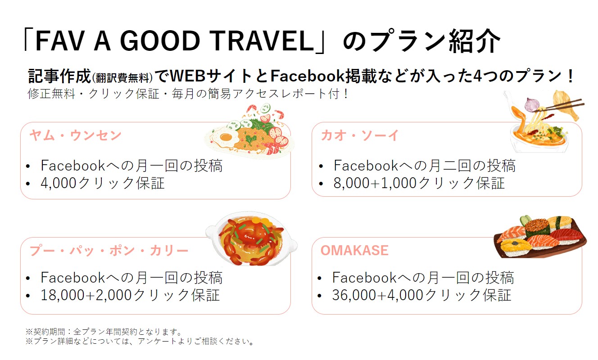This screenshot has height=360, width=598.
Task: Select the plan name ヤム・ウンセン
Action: [76, 135]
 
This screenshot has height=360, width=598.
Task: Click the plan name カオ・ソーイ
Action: [360, 135]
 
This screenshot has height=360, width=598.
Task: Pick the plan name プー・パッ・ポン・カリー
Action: [109, 251]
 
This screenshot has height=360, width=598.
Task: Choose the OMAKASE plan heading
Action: [354, 250]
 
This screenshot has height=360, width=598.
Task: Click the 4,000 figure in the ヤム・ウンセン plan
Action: [59, 183]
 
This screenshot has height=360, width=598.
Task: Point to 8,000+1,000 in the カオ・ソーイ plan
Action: [375, 183]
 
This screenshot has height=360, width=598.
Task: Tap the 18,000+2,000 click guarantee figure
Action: [86, 295]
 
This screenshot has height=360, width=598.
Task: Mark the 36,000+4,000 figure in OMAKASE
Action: [378, 295]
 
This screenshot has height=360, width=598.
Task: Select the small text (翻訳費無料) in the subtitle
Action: [122, 78]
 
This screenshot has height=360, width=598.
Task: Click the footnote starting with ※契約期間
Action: [104, 332]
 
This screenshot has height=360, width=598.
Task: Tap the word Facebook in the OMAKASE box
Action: [364, 277]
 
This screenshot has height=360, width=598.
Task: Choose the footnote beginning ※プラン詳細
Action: [139, 341]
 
